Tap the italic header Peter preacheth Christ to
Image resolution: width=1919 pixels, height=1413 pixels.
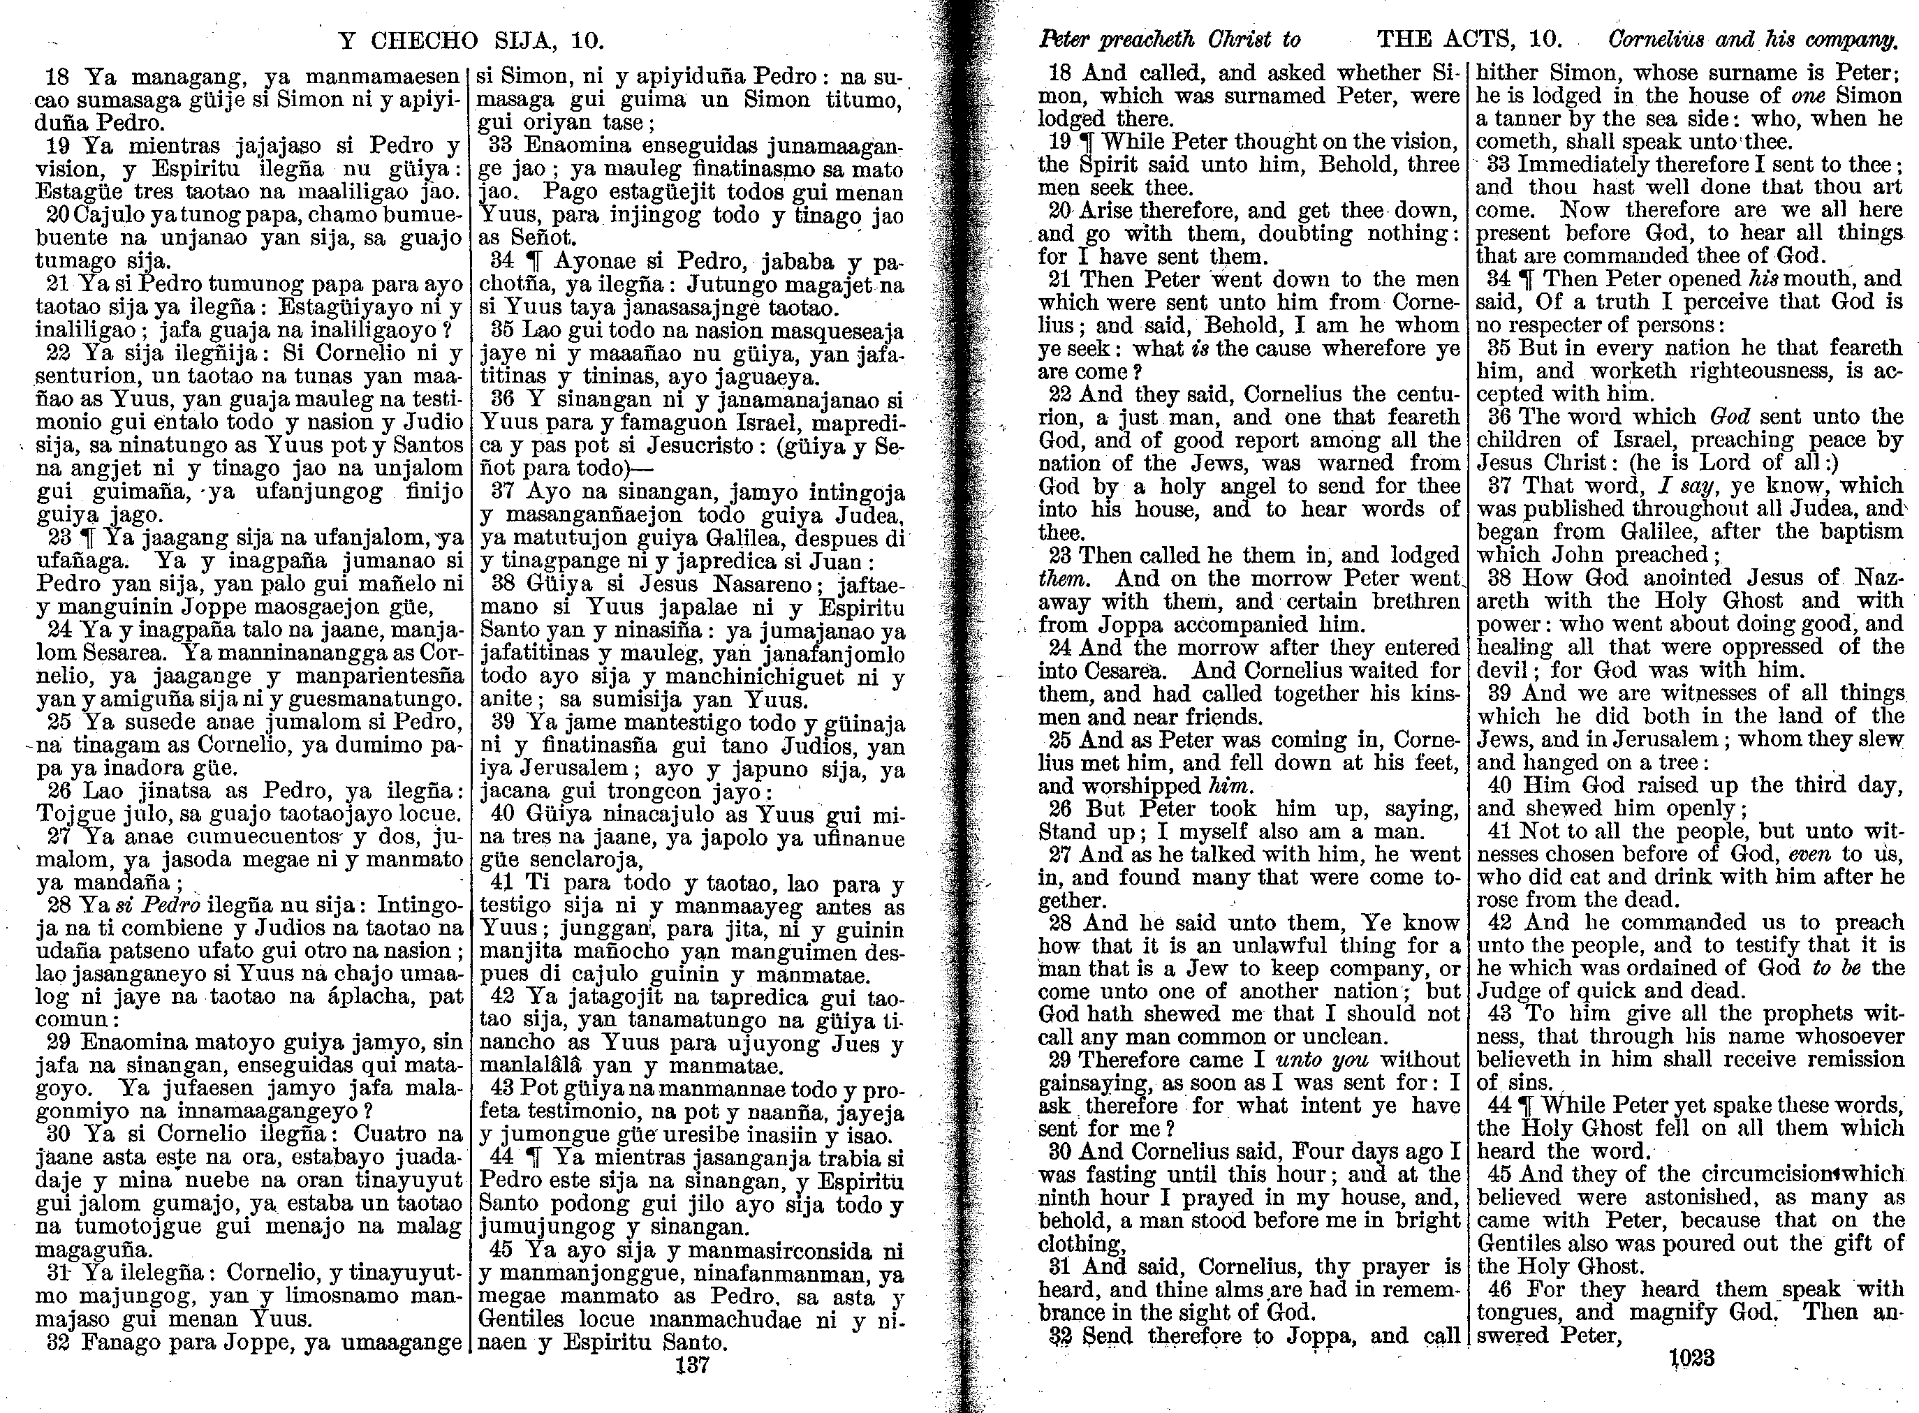point(1169,39)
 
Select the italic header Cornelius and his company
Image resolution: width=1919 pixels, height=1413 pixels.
point(1753,39)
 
